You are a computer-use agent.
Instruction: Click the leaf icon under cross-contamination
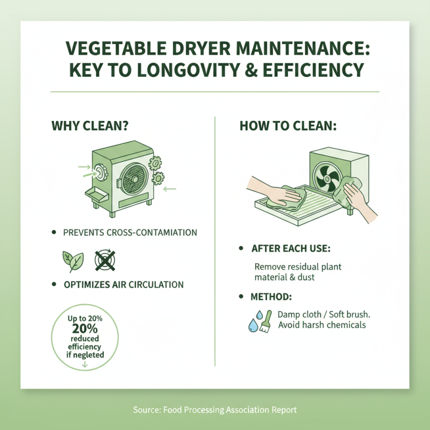point(73,261)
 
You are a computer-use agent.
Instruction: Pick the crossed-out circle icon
point(105,261)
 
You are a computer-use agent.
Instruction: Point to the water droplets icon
point(254,321)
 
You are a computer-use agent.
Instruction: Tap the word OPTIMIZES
point(90,285)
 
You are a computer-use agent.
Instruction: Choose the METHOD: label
point(271,297)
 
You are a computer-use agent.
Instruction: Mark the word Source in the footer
point(146,410)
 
